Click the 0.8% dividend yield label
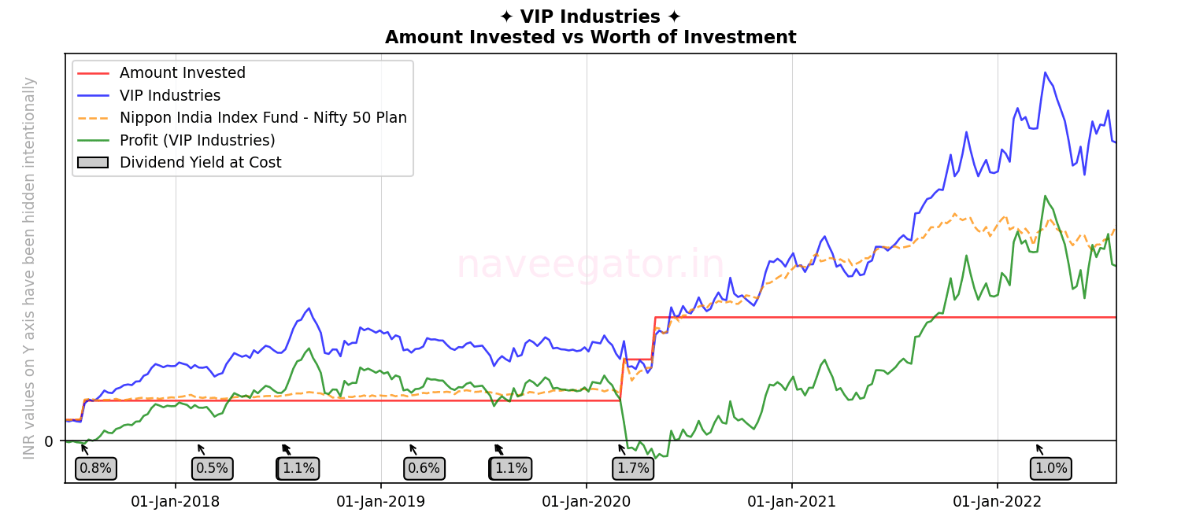point(96,469)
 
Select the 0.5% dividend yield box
point(212,469)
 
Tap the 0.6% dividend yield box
point(424,469)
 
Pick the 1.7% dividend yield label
point(633,469)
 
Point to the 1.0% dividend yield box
point(1051,469)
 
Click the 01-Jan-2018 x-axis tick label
point(175,502)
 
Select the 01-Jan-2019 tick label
point(381,502)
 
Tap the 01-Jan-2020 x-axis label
point(587,502)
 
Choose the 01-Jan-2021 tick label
point(792,502)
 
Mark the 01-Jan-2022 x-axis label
point(998,502)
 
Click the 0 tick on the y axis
point(49,441)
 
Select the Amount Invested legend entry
point(183,73)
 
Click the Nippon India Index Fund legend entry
point(263,118)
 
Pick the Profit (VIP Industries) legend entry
point(197,141)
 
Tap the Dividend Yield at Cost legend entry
point(200,163)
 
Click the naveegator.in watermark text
point(590,264)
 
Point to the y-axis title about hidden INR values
point(30,267)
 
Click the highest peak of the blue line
point(1045,72)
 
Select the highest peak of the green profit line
point(1045,196)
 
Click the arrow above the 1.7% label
point(622,449)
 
